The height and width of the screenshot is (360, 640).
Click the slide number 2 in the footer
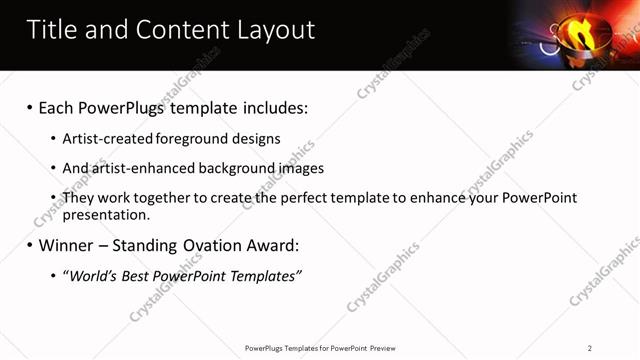click(x=590, y=348)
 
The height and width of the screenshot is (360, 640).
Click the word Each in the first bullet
click(x=57, y=107)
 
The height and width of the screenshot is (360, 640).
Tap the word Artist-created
click(x=104, y=139)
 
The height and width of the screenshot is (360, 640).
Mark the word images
click(x=302, y=168)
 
